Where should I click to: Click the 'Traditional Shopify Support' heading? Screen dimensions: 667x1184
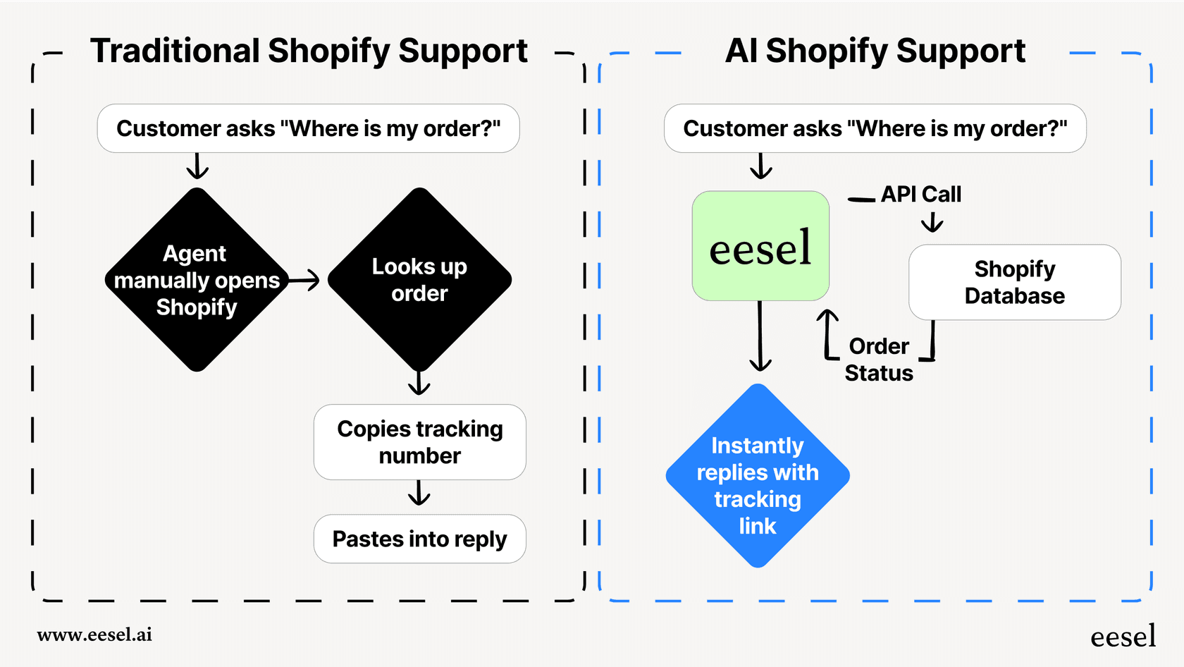coord(309,51)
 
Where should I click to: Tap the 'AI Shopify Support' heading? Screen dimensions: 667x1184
coord(875,51)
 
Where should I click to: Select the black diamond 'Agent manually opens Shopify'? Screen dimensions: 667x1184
coord(197,280)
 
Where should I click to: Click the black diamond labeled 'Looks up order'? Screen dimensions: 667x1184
coord(419,280)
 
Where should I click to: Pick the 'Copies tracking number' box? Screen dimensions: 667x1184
coord(419,442)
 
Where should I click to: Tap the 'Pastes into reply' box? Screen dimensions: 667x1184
coord(419,539)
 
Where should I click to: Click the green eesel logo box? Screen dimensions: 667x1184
coord(760,246)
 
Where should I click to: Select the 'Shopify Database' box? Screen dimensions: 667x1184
coord(1014,282)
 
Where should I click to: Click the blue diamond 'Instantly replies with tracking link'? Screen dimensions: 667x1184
coord(758,476)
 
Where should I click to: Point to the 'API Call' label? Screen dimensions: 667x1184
coord(920,194)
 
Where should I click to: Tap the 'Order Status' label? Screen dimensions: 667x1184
coord(879,360)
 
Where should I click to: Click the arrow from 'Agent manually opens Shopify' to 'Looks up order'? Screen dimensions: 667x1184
coord(304,281)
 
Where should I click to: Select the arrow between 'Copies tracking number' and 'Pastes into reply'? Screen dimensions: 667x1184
coord(419,494)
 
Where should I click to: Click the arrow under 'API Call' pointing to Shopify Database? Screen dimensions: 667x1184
coord(932,224)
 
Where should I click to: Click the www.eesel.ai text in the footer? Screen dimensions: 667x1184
coord(94,635)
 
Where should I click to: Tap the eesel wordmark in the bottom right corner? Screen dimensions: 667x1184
coord(1123,636)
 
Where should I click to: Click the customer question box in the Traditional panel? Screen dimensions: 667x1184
coord(308,128)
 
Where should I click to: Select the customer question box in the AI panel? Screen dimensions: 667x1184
coord(875,128)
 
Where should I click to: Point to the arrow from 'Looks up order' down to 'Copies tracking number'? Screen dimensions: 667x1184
coord(419,383)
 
